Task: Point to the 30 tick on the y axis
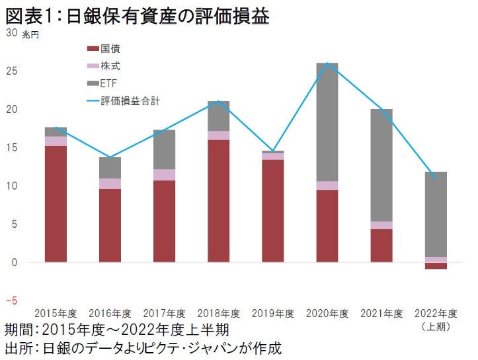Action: [11, 33]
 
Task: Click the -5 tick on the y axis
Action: [11, 301]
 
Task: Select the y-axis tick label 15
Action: [11, 147]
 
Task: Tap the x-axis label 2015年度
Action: [56, 313]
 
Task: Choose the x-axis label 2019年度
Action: [272, 313]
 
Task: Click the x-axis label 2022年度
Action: [436, 313]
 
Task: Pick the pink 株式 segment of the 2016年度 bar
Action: [110, 184]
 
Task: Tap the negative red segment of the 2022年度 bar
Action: [436, 266]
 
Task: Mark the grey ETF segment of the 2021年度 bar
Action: [381, 165]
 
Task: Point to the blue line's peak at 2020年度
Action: [327, 63]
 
